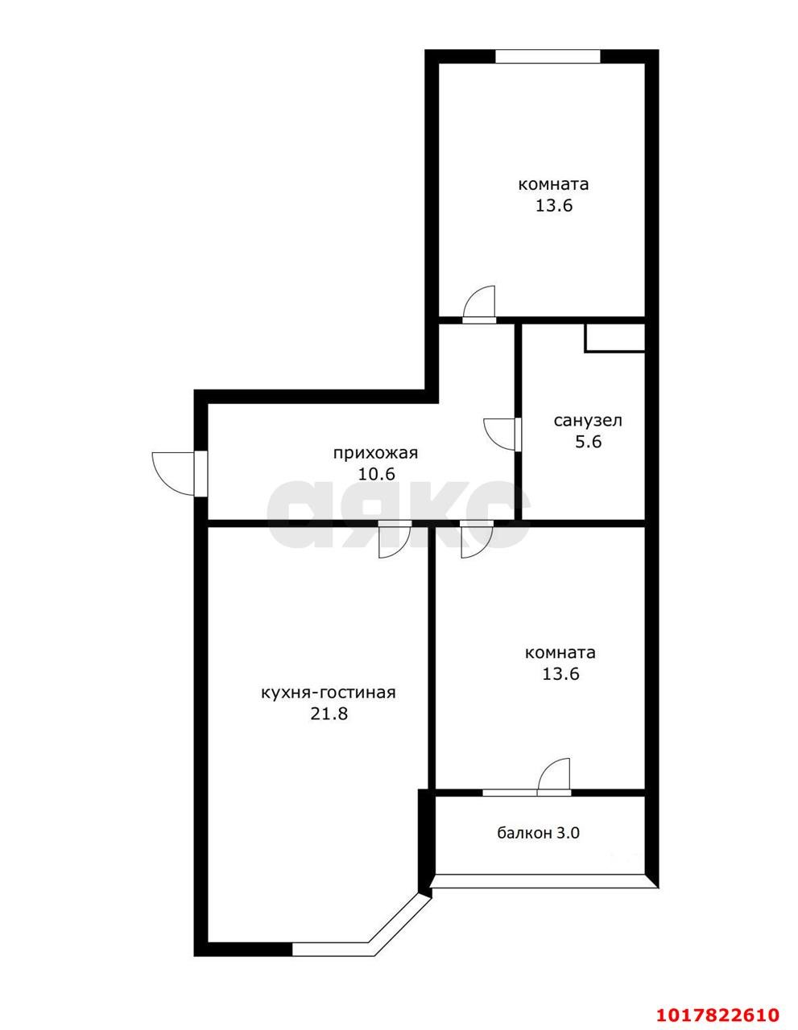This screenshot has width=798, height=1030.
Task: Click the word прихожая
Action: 375,453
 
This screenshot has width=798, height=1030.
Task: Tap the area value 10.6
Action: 377,474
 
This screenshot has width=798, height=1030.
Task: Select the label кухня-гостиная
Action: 328,693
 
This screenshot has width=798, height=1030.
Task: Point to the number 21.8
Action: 329,714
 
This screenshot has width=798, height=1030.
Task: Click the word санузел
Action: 588,420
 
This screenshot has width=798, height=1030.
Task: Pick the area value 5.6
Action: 589,442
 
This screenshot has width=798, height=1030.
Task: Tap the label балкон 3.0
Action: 538,833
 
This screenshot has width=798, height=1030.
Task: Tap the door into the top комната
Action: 479,303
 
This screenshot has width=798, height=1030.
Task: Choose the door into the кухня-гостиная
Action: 395,539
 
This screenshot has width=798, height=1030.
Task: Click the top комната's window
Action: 548,56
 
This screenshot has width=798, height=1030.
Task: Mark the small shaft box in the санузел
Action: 615,338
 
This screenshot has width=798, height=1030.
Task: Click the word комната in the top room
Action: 553,184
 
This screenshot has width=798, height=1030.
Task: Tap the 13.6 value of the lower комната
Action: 561,674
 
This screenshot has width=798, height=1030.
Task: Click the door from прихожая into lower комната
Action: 477,539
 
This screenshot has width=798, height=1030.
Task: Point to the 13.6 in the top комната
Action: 554,205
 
